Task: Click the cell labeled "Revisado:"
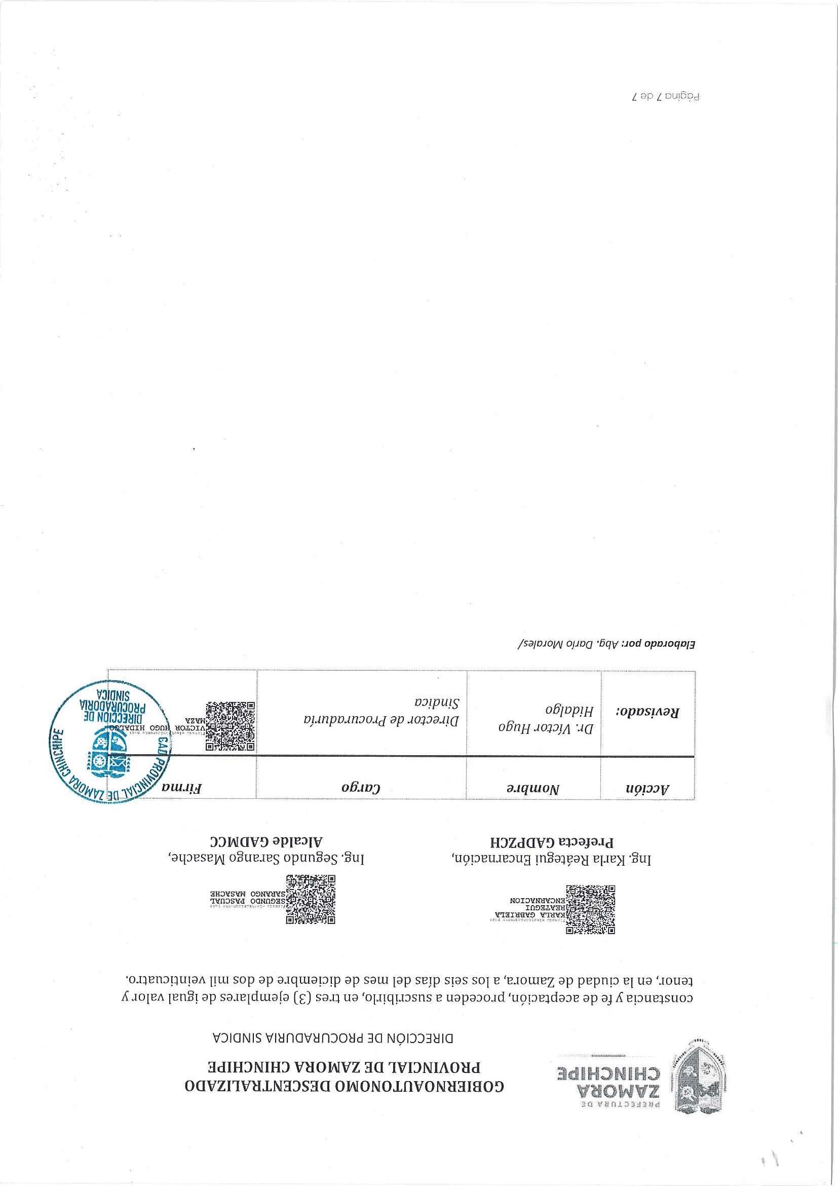pos(647,712)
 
